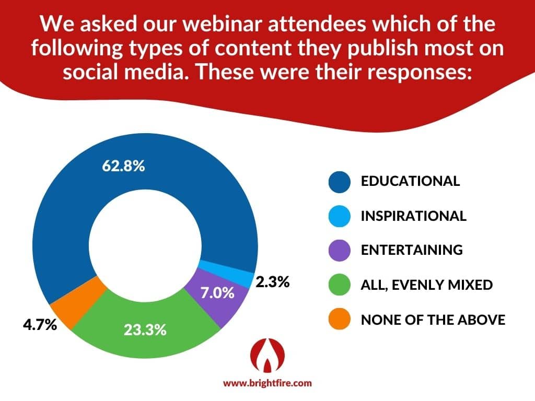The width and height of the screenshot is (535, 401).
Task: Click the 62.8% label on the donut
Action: tap(123, 166)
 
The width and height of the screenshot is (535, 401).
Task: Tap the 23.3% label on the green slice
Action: tap(145, 330)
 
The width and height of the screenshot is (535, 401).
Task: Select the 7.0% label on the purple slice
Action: tap(217, 293)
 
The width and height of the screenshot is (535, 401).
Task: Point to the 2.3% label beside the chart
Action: tap(272, 282)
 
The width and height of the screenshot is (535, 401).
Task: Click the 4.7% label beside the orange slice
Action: tap(40, 325)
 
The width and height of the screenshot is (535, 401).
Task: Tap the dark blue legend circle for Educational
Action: tap(340, 182)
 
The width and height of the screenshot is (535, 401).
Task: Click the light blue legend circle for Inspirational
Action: tap(340, 216)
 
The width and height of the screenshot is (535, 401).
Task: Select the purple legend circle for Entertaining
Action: tap(340, 250)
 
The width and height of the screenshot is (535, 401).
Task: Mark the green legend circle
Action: tap(340, 285)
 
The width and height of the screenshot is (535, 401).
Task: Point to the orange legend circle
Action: tap(340, 319)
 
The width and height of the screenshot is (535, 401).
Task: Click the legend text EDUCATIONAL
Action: tap(410, 181)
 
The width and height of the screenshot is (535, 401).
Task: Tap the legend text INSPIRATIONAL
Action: tap(414, 216)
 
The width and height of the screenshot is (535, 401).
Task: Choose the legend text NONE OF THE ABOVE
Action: tap(433, 320)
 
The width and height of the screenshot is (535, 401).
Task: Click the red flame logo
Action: tap(267, 355)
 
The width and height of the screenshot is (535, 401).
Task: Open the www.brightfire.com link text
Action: tap(267, 383)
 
